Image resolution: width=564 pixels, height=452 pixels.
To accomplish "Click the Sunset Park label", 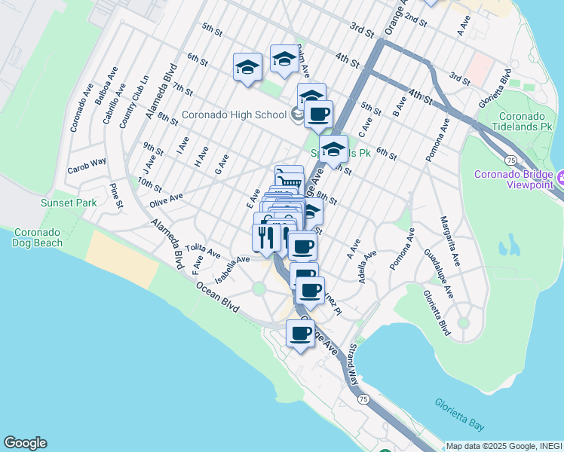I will click(x=69, y=203).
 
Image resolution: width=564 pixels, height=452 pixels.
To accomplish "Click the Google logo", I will click(x=25, y=443).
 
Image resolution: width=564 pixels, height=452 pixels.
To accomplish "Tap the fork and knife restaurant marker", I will click(x=265, y=237).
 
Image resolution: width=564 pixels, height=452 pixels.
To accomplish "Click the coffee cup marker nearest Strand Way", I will click(x=299, y=332).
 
